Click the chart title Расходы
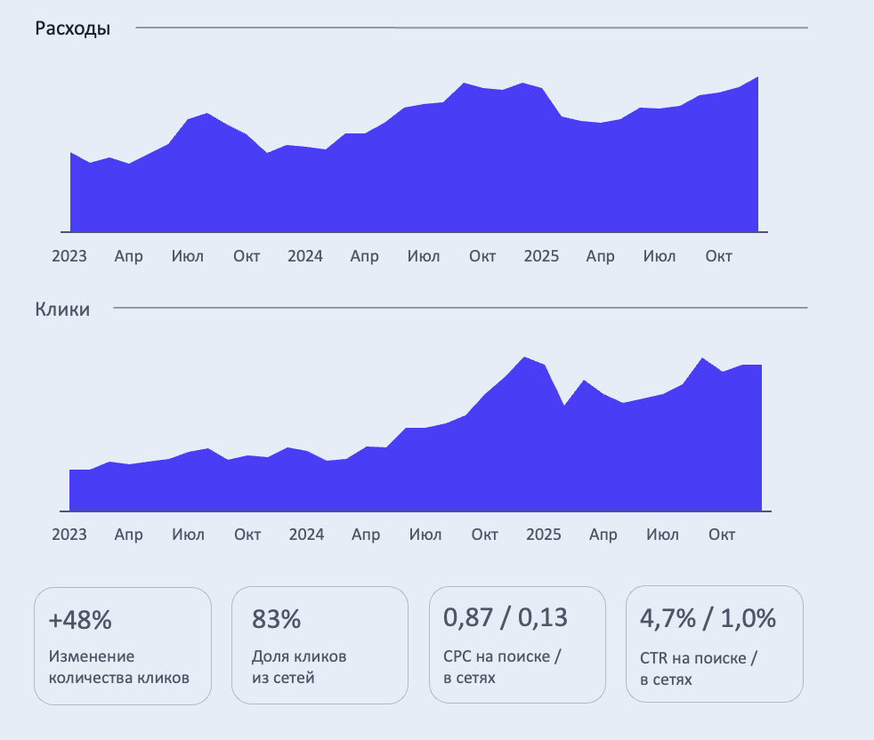(x=73, y=28)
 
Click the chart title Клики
(x=62, y=310)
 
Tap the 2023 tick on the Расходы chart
(x=69, y=256)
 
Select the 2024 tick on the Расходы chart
(x=305, y=256)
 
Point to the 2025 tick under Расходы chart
(x=541, y=256)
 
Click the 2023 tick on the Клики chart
(x=69, y=535)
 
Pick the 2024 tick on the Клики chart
(x=306, y=535)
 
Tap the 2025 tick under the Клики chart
(x=544, y=535)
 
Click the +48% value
(x=80, y=620)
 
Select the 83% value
(x=277, y=620)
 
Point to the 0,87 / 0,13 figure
(x=506, y=616)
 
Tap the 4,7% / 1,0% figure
(x=708, y=616)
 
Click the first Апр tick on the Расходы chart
(x=128, y=256)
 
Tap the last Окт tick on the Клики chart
(x=722, y=535)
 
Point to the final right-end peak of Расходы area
(x=757, y=78)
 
